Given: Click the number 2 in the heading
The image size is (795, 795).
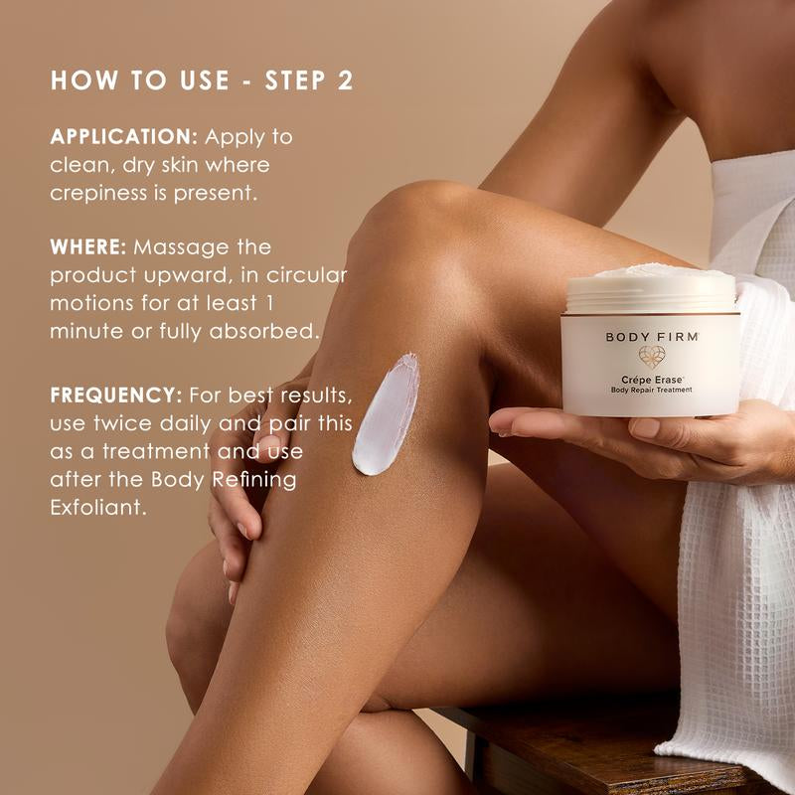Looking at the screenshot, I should tap(344, 80).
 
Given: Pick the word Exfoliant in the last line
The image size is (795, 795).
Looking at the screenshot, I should tap(98, 508).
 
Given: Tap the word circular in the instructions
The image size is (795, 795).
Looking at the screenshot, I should tap(308, 275).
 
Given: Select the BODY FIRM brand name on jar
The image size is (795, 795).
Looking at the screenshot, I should tap(652, 337).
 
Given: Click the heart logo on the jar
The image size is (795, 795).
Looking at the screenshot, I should tap(652, 358).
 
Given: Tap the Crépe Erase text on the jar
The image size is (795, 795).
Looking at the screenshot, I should tap(651, 379).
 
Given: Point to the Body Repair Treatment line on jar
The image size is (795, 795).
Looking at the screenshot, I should tap(651, 390).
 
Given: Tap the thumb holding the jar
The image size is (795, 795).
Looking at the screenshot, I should tap(646, 427).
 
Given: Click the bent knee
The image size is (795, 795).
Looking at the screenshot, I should tap(417, 214).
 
